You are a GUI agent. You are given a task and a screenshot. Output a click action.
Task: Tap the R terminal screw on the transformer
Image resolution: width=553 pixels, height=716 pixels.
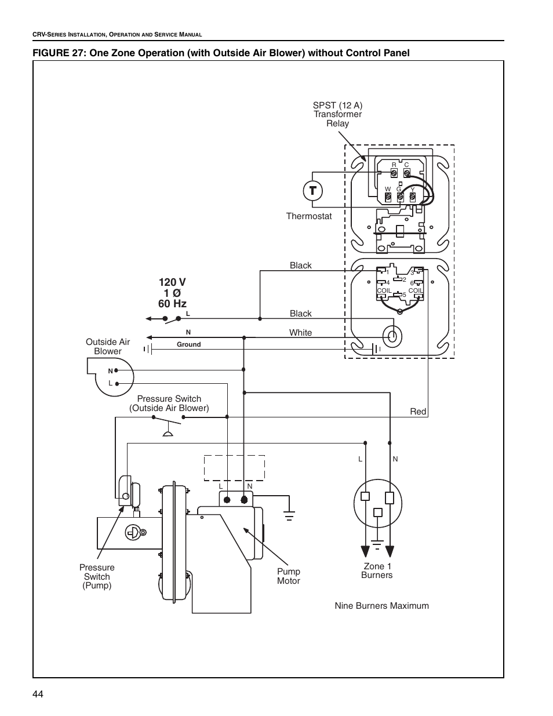pos(394,173)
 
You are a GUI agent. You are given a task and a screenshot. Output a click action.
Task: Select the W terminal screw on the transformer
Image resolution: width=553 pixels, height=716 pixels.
pos(388,197)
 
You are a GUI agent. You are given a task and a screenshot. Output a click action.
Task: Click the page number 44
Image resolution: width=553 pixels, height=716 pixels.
pos(38,694)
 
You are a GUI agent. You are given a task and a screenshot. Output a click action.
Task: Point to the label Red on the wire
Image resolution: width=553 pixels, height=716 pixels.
pos(418,412)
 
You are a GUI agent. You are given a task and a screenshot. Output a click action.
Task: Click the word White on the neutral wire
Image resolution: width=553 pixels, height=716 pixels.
pos(300,332)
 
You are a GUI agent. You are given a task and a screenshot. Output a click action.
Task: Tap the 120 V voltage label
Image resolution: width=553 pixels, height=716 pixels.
pos(172,282)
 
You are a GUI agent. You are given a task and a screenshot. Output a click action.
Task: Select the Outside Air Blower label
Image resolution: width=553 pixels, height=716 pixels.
pos(108,346)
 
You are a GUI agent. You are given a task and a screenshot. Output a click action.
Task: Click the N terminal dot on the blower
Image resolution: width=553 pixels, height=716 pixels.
pos(116,370)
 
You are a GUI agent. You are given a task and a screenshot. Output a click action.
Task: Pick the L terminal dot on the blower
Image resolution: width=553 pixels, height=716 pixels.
pos(117,384)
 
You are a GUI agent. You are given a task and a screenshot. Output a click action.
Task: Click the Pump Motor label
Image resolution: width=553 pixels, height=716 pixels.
pos(289,576)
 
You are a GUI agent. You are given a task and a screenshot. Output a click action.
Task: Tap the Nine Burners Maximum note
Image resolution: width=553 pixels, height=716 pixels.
pos(382,606)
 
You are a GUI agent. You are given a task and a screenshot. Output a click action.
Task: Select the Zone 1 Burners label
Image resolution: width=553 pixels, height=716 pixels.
pos(377,570)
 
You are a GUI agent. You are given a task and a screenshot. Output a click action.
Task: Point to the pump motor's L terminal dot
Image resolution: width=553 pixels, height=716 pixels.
pos(227,500)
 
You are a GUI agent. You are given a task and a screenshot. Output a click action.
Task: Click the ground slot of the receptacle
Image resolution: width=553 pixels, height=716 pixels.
pos(378,513)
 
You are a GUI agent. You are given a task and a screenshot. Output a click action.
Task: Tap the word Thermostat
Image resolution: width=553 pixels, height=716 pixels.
pos(309,216)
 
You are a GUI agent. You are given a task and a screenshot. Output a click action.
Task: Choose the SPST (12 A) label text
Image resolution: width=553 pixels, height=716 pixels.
pos(337,106)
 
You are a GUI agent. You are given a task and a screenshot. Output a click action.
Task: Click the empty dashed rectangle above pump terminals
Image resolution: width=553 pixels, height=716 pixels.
pos(234,468)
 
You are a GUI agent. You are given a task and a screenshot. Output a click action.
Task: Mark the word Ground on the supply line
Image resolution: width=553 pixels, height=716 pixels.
pos(189,344)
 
